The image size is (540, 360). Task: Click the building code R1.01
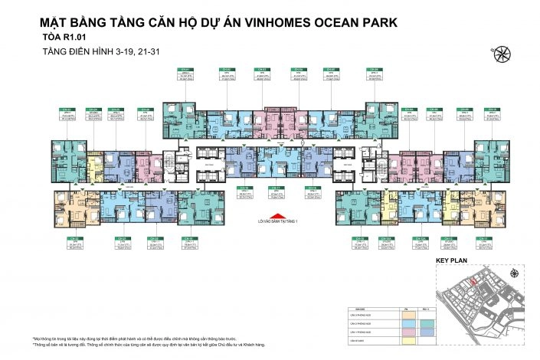[94, 37]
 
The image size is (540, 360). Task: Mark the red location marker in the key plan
[474, 282]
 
